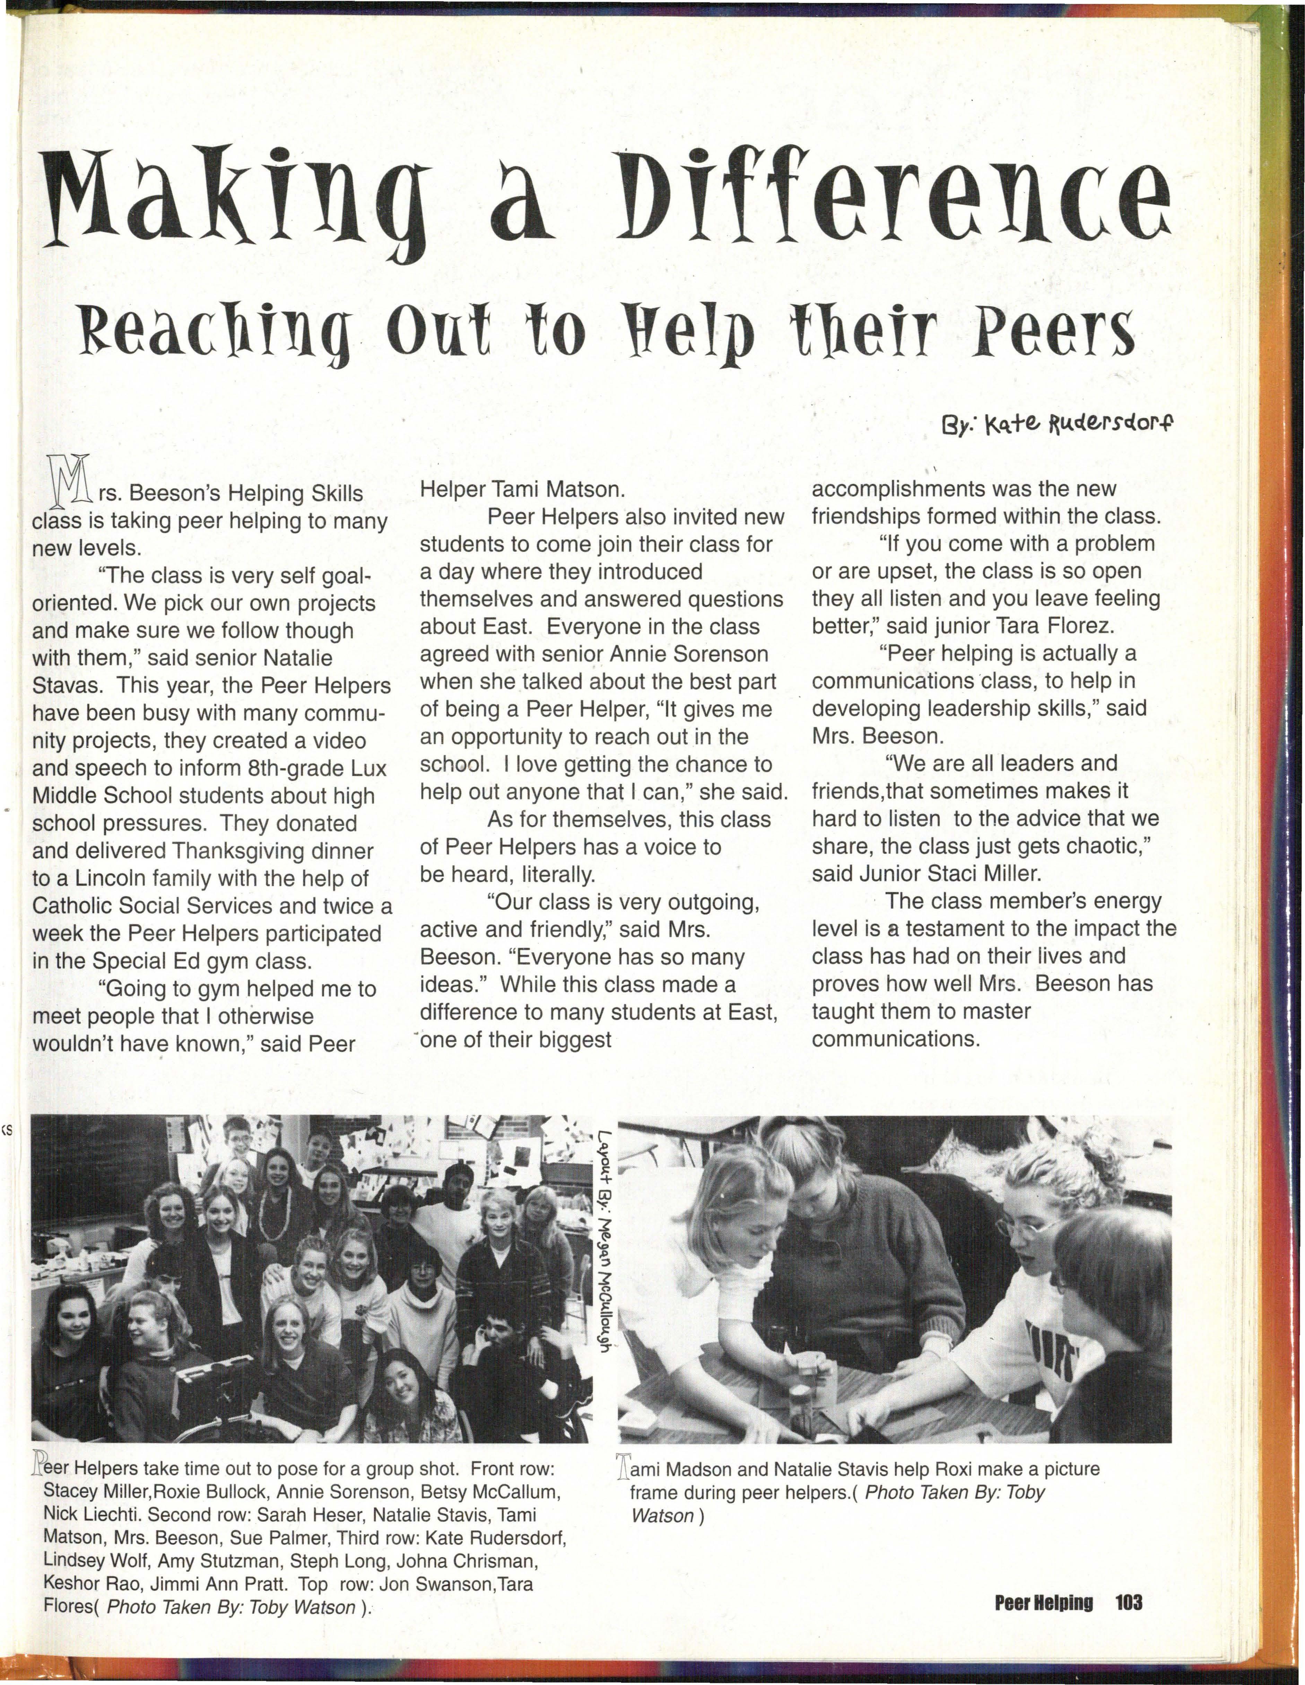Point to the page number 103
click(1128, 1602)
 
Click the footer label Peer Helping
click(1043, 1602)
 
